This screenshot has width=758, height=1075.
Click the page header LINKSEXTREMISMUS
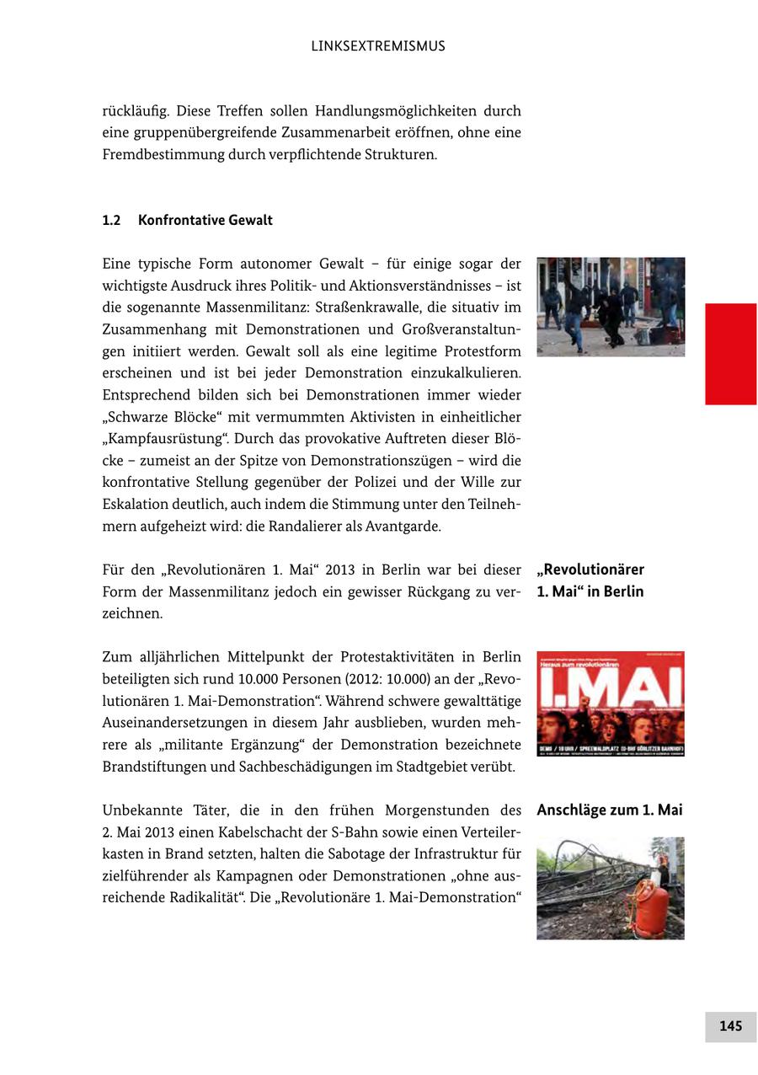tap(378, 46)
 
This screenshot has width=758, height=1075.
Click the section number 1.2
tap(111, 220)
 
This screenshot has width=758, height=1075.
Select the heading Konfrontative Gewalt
tap(206, 220)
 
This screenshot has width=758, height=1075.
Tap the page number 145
tap(730, 1025)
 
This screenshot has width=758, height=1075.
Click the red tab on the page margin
tap(730, 354)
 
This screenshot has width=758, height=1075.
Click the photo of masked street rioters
tap(611, 307)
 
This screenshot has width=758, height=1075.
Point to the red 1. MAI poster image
tap(611, 703)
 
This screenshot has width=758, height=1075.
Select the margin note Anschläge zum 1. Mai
tap(610, 810)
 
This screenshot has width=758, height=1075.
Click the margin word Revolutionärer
tap(590, 570)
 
